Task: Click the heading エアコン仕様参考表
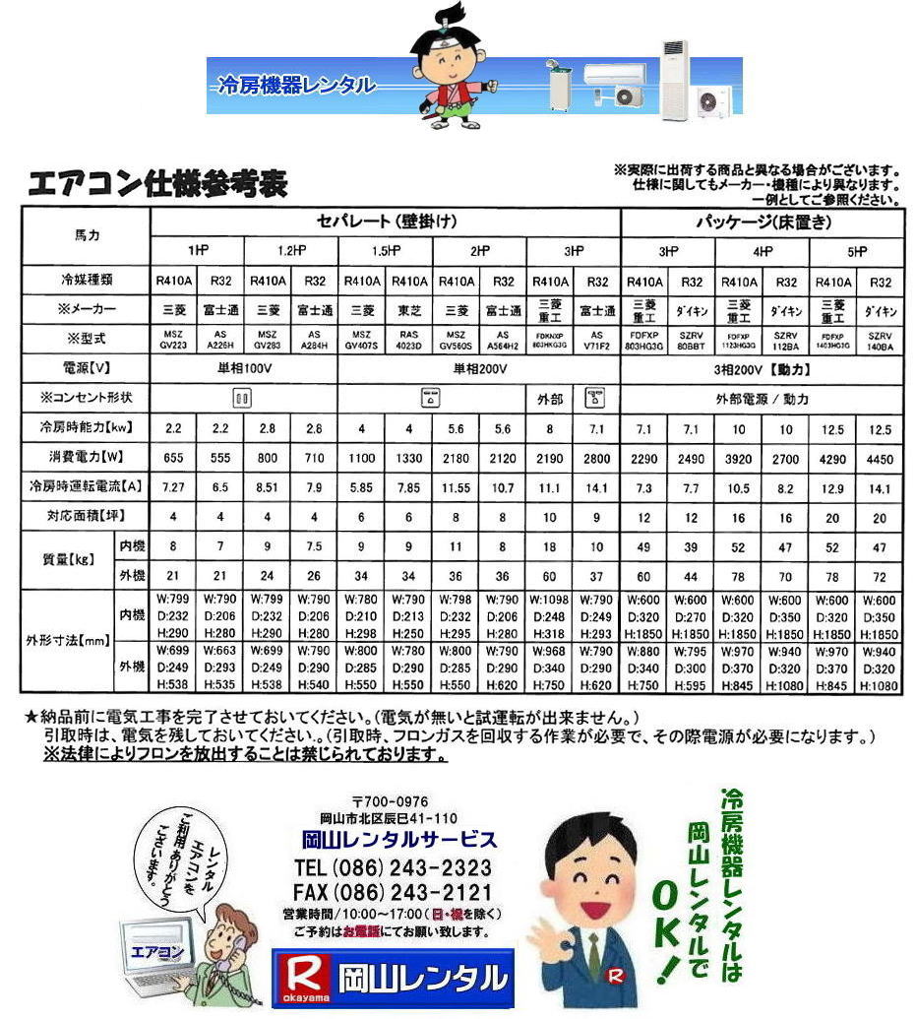tap(157, 184)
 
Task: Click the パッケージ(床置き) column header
tap(761, 222)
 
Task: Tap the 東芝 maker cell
tap(408, 310)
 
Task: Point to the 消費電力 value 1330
tap(408, 457)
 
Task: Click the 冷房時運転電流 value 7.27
tap(173, 485)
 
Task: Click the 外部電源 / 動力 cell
tap(761, 399)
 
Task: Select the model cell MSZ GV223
tap(173, 340)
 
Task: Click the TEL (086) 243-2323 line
tap(393, 868)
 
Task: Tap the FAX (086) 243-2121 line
tap(393, 892)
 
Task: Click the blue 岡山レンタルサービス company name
tap(398, 840)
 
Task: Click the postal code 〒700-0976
tap(390, 801)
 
